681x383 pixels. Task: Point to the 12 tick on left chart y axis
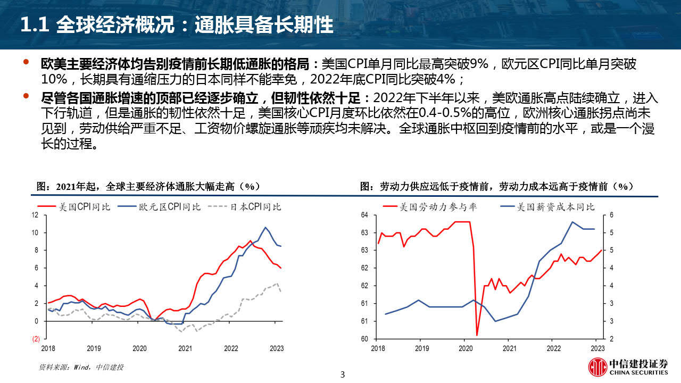36,215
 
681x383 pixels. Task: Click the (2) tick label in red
36,339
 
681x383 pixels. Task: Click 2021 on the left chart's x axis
185,349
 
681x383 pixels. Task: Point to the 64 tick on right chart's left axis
364,215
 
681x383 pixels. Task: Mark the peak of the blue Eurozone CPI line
265,228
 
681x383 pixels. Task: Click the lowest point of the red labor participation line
477,335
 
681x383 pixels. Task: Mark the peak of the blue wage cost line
572,222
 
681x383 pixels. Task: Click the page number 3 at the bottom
343,374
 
